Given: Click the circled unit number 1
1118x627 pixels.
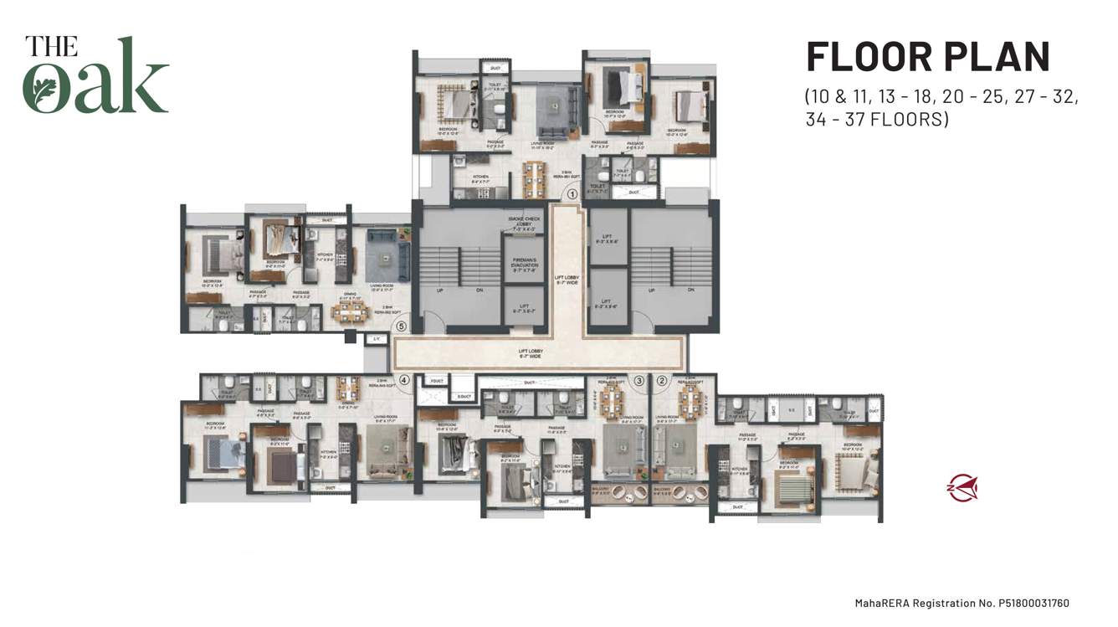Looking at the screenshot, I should point(572,193).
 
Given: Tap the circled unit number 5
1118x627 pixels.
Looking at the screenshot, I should point(401,326).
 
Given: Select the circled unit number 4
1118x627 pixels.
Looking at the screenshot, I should point(404,379).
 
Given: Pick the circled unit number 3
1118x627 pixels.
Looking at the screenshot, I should point(638,380).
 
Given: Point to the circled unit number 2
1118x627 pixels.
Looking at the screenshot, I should point(661,380).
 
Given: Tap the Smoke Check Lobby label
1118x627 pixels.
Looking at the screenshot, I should point(523,221).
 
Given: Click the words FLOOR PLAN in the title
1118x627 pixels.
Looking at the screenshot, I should point(927,57).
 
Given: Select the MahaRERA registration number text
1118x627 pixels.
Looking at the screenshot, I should point(962,603).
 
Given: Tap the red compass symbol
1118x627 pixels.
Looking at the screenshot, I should point(962,488).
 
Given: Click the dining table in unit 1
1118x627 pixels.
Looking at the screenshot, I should point(531,177).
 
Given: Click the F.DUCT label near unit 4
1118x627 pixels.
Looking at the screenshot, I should point(435,380).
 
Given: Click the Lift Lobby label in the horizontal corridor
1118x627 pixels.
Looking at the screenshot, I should point(530,354).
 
